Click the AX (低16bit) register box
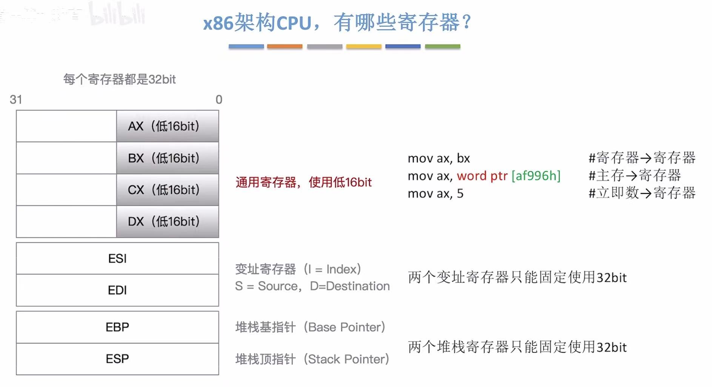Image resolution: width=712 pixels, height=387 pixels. pos(168,126)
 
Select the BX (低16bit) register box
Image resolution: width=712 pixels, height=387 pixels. pos(168,158)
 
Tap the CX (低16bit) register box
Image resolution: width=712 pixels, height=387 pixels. pos(168,190)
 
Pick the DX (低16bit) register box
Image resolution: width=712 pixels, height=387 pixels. pos(168,221)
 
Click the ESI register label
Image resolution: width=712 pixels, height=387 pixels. pos(117,259)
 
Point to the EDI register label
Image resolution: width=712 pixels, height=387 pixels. pos(117,290)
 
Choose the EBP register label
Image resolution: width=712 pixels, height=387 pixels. pos(117,327)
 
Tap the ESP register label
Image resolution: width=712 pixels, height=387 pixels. pos(117,359)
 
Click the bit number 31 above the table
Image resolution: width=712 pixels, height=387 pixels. pos(16,100)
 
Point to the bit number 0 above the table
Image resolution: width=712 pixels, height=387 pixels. pos(219,100)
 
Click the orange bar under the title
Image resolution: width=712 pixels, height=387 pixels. pos(284,46)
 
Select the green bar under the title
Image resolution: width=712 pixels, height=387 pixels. pos(442,46)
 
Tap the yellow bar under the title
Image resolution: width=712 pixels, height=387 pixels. pos(364,46)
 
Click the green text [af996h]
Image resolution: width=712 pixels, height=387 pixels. pos(536,176)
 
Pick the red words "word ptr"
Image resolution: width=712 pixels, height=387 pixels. pos(482,176)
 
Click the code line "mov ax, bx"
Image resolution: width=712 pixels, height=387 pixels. pos(439,158)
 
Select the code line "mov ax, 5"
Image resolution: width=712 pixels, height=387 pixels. pos(435,193)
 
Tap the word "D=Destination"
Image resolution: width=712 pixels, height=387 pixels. pos(350,286)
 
